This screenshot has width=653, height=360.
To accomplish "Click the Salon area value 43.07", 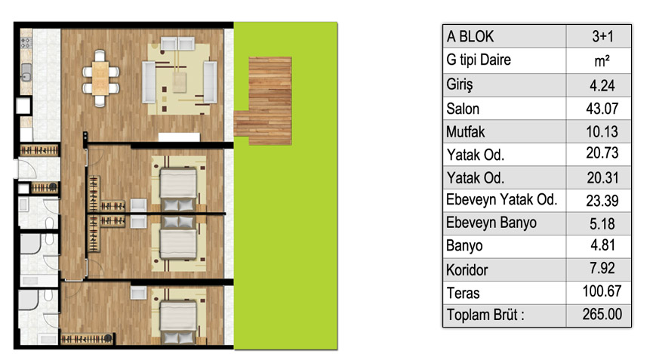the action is [x=602, y=109].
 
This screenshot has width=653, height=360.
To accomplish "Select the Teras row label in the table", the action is [x=463, y=293].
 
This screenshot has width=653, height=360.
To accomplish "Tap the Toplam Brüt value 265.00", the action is [x=602, y=314].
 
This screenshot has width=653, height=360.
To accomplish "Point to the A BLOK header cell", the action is [x=470, y=37].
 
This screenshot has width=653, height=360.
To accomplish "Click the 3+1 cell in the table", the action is [x=602, y=37].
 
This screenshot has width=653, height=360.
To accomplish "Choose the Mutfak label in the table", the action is [x=465, y=132].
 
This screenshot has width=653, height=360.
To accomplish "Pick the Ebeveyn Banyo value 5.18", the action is [x=602, y=224].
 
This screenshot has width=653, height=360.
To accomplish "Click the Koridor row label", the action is [x=467, y=269].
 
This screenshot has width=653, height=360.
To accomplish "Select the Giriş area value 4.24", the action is [x=602, y=85].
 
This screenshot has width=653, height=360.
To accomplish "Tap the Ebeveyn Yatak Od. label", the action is [x=501, y=200].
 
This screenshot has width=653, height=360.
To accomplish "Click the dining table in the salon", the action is [x=100, y=78].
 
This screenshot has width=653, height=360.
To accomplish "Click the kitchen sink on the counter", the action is [x=26, y=72].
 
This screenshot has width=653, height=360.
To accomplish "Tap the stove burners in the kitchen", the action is [x=26, y=42].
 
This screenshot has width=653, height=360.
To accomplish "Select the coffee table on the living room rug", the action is [x=180, y=82].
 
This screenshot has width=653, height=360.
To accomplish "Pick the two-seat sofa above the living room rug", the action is [x=178, y=44].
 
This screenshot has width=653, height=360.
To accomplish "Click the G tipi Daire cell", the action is [x=479, y=60].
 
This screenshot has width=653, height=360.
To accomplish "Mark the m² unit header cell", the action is [x=602, y=61].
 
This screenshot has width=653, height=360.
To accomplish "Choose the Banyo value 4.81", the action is [x=602, y=245].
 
